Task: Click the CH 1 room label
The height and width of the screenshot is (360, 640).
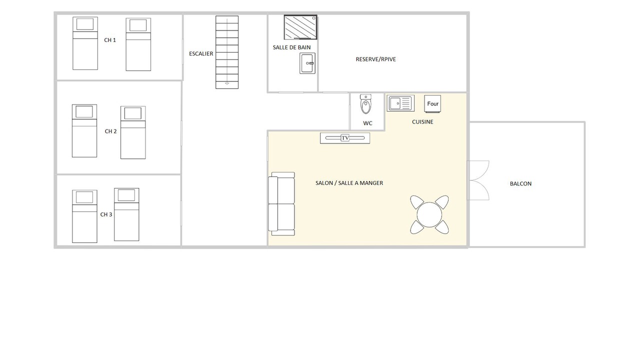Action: [x=110, y=40]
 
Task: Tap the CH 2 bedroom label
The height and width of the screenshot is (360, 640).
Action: [x=110, y=131]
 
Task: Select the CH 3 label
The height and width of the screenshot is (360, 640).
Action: [x=106, y=214]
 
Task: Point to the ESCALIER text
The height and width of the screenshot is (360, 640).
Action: [x=201, y=53]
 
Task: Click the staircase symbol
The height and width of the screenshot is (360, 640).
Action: [x=227, y=52]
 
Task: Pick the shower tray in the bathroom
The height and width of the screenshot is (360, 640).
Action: [x=300, y=27]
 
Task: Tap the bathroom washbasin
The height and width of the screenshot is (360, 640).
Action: [x=307, y=63]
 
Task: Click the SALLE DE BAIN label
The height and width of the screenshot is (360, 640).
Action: [x=291, y=47]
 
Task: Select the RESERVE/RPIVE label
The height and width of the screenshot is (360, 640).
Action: [x=375, y=59]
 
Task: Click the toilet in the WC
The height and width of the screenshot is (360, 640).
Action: [x=365, y=104]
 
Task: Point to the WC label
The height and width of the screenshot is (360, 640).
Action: [x=367, y=123]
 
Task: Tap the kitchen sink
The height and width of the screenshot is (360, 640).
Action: [x=400, y=103]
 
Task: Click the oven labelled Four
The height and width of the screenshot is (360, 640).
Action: [x=432, y=103]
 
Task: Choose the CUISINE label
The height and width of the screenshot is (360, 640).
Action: [x=422, y=122]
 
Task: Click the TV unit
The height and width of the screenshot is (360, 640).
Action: [x=345, y=138]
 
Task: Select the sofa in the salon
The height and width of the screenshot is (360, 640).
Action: [x=281, y=203]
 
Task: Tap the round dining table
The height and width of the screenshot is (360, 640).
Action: [x=429, y=214]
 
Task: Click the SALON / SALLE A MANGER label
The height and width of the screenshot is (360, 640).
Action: [x=349, y=183]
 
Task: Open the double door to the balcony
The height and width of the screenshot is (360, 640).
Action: [x=478, y=180]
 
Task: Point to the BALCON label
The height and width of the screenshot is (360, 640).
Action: [x=520, y=183]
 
